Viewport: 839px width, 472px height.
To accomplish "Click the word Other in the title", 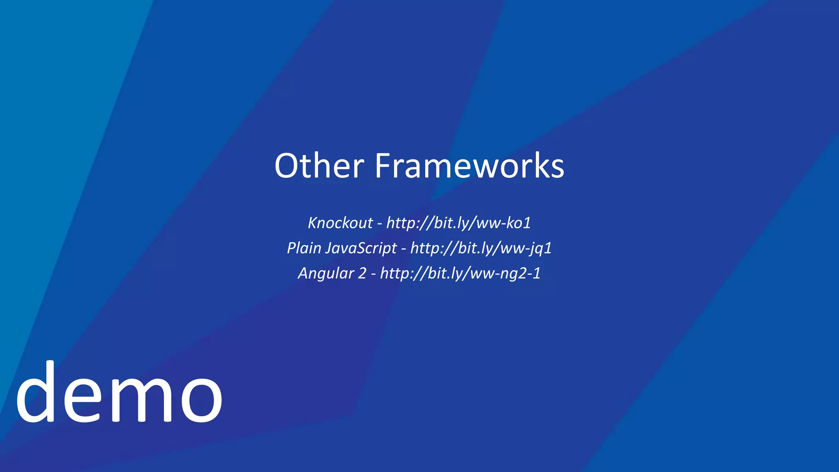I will (x=319, y=166).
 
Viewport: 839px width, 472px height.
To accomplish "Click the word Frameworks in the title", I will (x=469, y=166).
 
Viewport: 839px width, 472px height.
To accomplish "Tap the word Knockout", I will (x=340, y=223).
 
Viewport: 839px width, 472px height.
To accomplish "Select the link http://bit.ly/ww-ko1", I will (x=458, y=223).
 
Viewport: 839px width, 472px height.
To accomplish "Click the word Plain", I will (x=304, y=248).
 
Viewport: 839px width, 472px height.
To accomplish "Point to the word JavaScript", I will (x=361, y=248).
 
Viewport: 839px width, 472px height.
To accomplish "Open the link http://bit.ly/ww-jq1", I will (x=481, y=248).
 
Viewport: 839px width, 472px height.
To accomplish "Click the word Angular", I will (x=326, y=273).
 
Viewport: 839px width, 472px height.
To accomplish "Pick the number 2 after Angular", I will (x=362, y=273).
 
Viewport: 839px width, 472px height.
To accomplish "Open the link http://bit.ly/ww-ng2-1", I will (x=460, y=273).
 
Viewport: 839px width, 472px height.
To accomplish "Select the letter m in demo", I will (x=141, y=399).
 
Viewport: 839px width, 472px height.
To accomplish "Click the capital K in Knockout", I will (x=313, y=223).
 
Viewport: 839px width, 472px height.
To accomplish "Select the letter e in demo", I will (x=82, y=399).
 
